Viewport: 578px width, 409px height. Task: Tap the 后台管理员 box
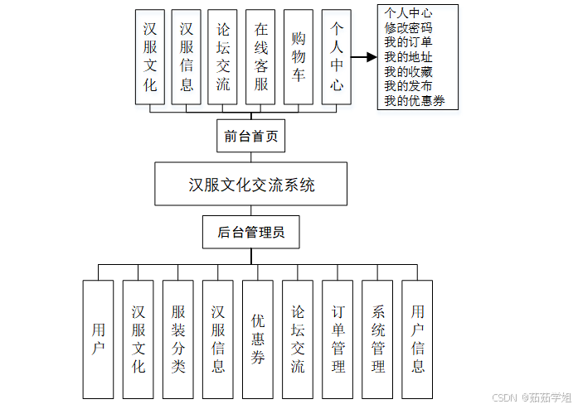[x=250, y=233]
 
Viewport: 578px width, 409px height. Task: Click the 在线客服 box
[x=261, y=56]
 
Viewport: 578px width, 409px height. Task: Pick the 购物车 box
[x=299, y=56]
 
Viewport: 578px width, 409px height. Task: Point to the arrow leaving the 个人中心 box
[x=363, y=57]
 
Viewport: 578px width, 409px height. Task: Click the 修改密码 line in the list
[x=408, y=27]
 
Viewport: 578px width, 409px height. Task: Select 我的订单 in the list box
[x=408, y=42]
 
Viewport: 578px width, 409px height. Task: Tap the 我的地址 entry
[x=408, y=57]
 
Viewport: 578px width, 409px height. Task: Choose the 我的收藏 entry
[x=408, y=72]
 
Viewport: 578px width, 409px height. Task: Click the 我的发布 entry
[x=408, y=86]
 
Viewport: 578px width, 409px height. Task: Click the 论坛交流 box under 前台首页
[x=223, y=56]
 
